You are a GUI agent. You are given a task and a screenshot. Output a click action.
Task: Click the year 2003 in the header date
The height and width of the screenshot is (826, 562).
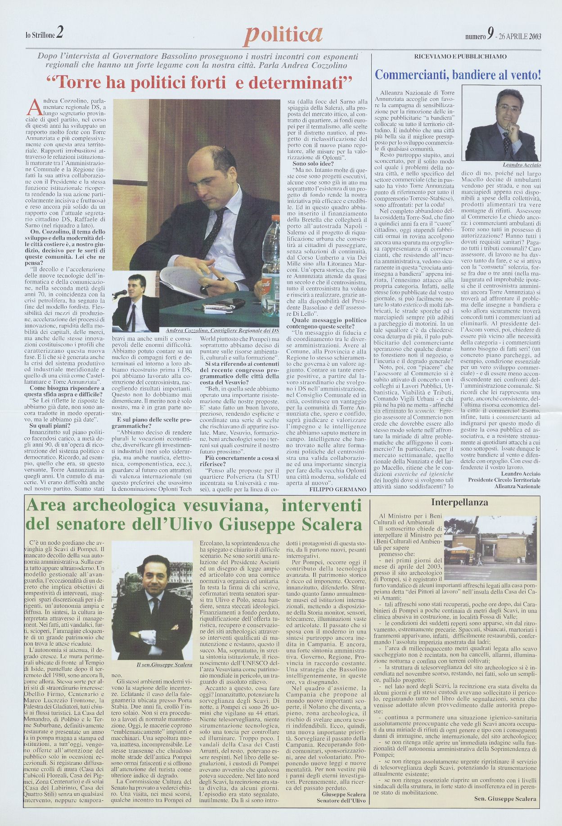pyautogui.click(x=535, y=36)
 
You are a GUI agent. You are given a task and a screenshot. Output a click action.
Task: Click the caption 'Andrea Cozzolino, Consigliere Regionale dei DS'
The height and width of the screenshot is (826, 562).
pyautogui.click(x=223, y=330)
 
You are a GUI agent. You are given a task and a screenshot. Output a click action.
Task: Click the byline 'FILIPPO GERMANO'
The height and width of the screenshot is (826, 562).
pyautogui.click(x=338, y=489)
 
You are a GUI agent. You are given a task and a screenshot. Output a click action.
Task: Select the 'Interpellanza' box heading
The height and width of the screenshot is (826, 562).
pyautogui.click(x=460, y=503)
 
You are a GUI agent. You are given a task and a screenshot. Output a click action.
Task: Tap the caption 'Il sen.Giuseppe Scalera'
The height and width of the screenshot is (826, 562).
pyautogui.click(x=158, y=664)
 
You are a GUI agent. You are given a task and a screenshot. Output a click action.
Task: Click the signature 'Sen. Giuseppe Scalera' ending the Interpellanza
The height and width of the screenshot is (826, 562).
pyautogui.click(x=505, y=799)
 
